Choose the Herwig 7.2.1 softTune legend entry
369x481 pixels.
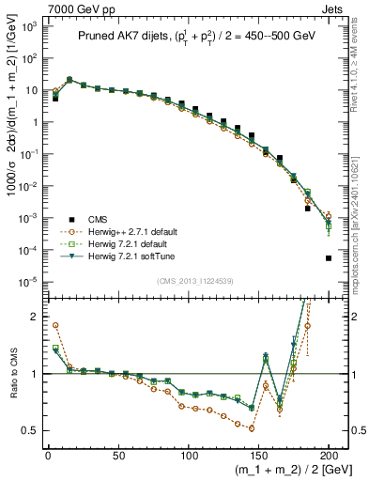[x=135, y=255]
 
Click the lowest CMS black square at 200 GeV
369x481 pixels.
[x=329, y=258]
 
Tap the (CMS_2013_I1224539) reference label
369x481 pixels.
[x=188, y=281]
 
